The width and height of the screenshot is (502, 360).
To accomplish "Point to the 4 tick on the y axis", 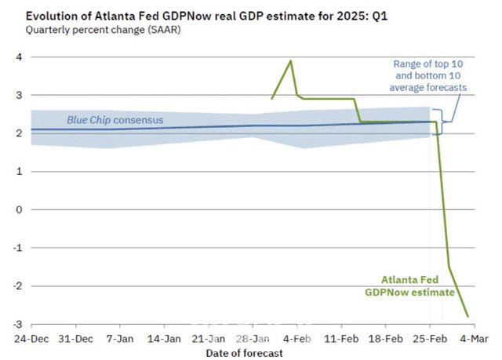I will point(18,57).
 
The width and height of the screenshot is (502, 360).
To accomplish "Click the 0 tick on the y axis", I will point(18,210).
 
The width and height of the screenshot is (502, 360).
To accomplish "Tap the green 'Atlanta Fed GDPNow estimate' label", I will point(409,285).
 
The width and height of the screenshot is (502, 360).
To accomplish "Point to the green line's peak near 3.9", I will point(291,60).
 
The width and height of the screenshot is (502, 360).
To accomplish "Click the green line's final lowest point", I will point(468,316).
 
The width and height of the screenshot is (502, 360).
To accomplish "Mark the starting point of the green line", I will point(271,99).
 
